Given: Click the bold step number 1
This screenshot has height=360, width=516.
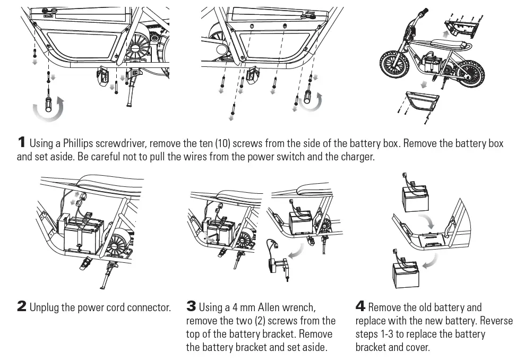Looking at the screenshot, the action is [21, 142].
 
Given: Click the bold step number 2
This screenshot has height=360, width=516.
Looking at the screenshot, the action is [22, 306].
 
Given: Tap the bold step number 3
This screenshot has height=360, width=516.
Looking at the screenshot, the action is [191, 306].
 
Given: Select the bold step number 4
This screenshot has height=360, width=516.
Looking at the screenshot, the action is [360, 306].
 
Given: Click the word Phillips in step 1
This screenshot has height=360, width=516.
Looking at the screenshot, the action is [78, 143].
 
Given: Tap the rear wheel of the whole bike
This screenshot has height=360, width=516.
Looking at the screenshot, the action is [469, 73].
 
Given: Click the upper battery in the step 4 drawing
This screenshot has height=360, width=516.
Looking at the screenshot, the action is [415, 198].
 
